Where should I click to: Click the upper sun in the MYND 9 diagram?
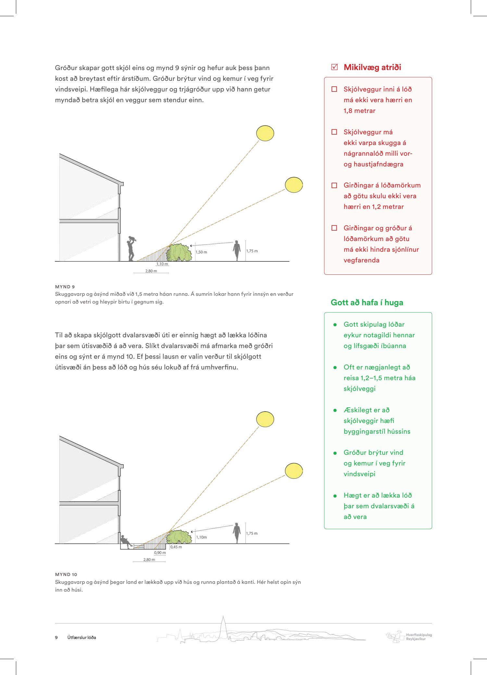pos(265,133)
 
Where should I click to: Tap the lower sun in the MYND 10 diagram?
pos(294,471)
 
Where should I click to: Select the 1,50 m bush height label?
pos(201,252)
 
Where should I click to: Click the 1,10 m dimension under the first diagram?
pos(162,264)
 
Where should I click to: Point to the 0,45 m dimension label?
pos(176,547)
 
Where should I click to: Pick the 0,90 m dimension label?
pos(160,553)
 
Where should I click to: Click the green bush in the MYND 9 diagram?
pos(179,253)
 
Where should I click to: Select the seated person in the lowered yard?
pos(126,541)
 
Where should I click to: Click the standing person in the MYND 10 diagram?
pos(237,533)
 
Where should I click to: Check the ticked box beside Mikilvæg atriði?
pos(334,67)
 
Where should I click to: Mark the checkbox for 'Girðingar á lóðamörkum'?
pos(334,185)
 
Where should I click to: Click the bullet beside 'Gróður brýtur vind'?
pos(335,453)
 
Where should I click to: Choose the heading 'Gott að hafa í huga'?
pos(367,302)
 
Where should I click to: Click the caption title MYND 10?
pos(66,574)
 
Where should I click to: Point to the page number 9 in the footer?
pos(56,637)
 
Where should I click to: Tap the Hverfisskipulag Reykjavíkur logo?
pos(409,637)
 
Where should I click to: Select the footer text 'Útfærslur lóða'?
pos(82,637)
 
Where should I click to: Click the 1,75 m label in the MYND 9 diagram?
pos(252,251)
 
